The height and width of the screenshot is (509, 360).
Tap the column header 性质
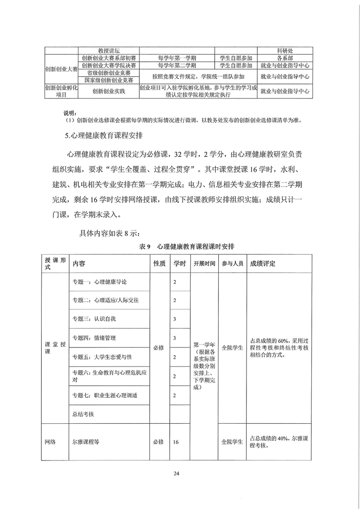pos(159,264)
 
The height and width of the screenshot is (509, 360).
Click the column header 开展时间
pos(204,264)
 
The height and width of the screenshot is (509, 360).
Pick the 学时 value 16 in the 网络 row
pos(176,441)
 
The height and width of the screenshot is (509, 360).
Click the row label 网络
pos(50,441)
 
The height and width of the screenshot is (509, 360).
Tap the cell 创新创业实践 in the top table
pos(108,91)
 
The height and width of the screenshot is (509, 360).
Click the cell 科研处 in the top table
pos(284,50)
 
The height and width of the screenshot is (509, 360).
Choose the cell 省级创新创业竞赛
pos(108,73)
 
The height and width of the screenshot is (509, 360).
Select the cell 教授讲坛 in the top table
pos(108,50)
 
